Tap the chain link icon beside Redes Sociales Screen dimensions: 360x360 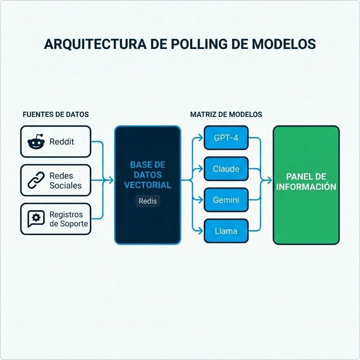click(x=36, y=180)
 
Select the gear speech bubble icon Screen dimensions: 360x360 click(x=36, y=219)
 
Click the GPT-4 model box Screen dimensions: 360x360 click(x=225, y=138)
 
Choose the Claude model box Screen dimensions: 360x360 click(x=225, y=169)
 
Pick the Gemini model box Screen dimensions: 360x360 click(x=225, y=200)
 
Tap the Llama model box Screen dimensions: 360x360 click(x=225, y=231)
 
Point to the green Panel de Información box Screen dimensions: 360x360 click(x=306, y=185)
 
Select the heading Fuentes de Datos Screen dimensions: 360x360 click(x=55, y=114)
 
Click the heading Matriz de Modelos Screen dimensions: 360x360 click(x=226, y=114)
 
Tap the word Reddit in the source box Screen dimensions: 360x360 click(x=62, y=142)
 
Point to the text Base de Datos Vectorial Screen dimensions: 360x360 click(x=148, y=174)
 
